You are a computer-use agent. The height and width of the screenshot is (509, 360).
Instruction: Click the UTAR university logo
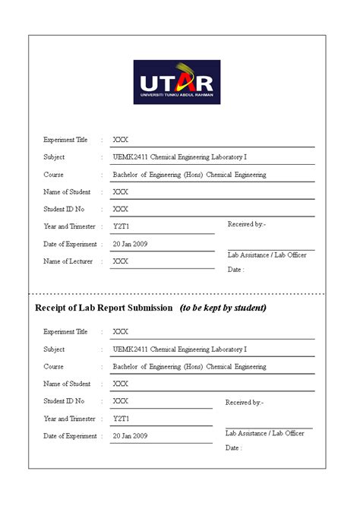click(177, 82)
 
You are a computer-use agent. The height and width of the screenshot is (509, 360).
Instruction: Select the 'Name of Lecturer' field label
click(68, 261)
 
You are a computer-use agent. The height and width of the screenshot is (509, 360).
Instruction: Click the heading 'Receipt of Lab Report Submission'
click(104, 308)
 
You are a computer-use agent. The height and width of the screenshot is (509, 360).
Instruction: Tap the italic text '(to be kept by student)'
click(223, 308)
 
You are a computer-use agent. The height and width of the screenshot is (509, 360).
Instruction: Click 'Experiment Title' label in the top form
click(65, 140)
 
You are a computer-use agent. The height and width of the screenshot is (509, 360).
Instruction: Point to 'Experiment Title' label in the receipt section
click(65, 332)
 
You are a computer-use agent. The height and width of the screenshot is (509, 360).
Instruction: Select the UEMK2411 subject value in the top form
click(180, 157)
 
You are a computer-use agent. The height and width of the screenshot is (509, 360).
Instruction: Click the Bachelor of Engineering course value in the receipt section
click(189, 367)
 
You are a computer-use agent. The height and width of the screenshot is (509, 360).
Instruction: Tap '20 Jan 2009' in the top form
click(130, 245)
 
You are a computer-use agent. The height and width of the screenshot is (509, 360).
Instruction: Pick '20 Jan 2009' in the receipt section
click(130, 436)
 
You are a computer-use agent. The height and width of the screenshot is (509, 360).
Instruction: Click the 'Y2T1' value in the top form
click(122, 226)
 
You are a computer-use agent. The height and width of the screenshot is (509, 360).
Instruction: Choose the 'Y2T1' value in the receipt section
click(122, 419)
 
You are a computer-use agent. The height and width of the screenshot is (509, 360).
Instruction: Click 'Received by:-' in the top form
click(247, 224)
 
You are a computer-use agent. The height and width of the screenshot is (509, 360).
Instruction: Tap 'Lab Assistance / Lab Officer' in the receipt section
click(265, 433)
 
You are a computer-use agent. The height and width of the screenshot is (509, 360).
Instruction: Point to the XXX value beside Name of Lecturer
click(120, 261)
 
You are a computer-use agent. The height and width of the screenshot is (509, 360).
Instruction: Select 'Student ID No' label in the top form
click(64, 209)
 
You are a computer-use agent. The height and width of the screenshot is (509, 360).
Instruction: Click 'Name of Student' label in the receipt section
click(67, 384)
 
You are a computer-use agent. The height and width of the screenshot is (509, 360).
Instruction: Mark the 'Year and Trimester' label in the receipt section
click(69, 419)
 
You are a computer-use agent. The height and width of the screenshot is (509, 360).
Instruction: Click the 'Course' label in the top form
click(53, 175)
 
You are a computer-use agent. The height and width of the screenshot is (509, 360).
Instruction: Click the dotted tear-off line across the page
click(180, 293)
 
